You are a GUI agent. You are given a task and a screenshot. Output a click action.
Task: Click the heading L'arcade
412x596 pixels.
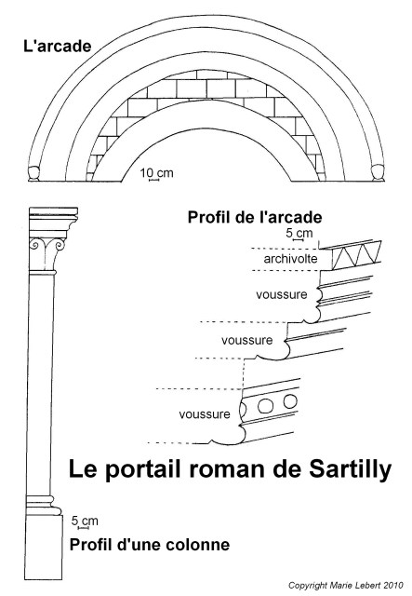(58, 47)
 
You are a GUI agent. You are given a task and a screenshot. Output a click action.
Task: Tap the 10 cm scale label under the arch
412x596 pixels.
(156, 173)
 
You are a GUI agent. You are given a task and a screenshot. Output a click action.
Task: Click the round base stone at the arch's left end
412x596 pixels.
(33, 172)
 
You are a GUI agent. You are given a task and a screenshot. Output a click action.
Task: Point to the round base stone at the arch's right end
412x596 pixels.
(377, 171)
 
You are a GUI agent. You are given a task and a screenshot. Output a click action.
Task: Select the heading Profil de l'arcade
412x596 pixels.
(255, 217)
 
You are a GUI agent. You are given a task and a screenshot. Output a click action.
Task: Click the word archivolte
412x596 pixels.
(290, 259)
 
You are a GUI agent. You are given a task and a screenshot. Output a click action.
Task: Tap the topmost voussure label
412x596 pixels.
(282, 294)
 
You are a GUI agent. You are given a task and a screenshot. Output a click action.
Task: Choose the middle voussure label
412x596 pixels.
(247, 340)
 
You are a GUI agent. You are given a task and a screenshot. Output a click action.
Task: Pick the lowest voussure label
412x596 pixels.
(205, 413)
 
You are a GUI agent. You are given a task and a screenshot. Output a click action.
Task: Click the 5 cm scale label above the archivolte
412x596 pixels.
(299, 233)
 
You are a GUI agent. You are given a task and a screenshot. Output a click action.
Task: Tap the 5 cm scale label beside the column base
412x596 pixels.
(85, 521)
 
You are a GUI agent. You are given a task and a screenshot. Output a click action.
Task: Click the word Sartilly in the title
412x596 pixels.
(350, 469)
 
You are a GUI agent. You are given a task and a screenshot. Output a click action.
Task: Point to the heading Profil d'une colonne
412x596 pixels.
(150, 545)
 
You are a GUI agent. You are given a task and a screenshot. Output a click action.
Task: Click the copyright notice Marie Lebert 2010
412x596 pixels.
(346, 586)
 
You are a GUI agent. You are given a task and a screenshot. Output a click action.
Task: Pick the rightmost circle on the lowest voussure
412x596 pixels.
(290, 401)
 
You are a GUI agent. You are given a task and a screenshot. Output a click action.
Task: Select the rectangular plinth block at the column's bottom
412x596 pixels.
(44, 548)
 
